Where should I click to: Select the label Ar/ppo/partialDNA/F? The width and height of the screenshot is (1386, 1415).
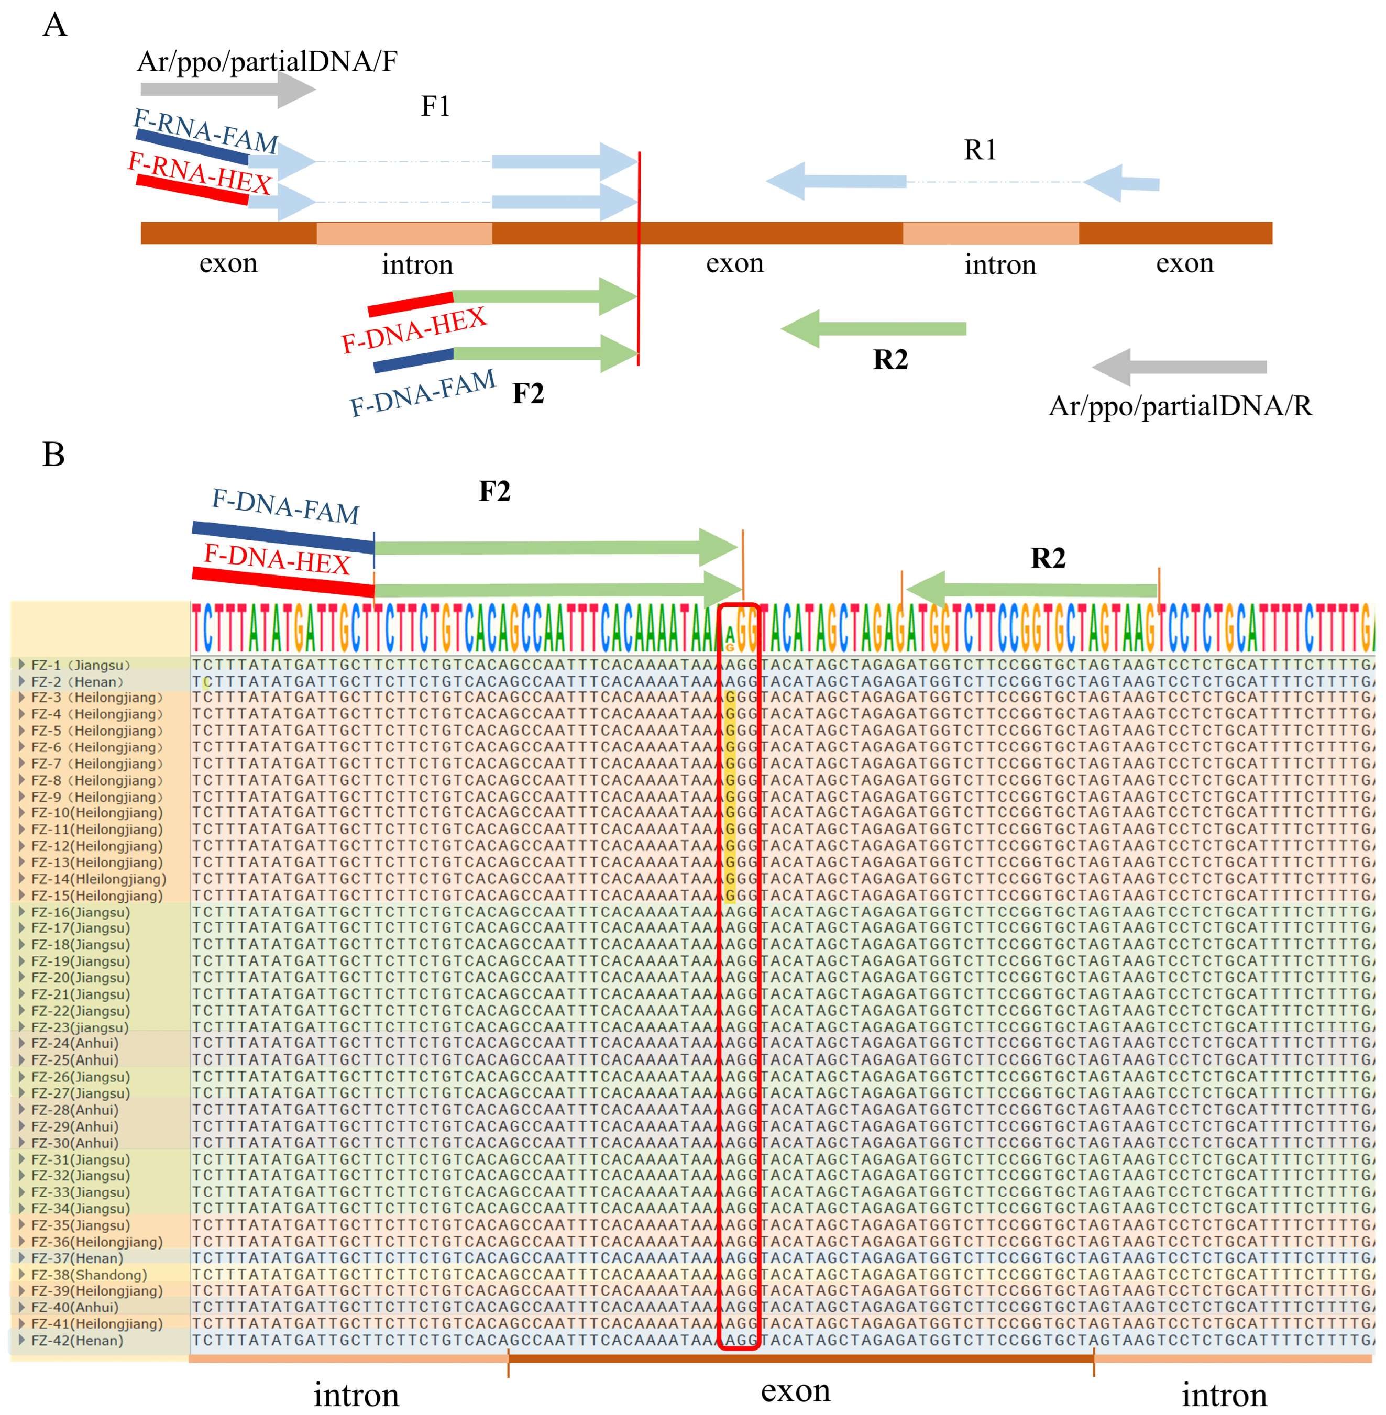[267, 61]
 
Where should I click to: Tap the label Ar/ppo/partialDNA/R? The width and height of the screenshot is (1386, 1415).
[1180, 405]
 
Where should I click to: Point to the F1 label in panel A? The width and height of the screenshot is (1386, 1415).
[435, 107]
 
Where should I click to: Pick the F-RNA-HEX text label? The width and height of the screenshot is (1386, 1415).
[200, 173]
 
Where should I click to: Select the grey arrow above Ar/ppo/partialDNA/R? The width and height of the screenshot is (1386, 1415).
[1179, 367]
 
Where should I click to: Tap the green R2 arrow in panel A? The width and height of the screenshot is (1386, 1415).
[874, 329]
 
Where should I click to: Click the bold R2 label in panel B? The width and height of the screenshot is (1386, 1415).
[1048, 558]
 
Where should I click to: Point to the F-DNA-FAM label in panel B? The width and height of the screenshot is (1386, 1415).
[285, 506]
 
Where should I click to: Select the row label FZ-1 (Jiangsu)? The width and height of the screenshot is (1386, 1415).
[80, 665]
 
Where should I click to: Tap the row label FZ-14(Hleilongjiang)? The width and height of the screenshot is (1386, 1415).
[98, 879]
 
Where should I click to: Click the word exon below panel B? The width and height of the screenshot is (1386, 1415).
[796, 1391]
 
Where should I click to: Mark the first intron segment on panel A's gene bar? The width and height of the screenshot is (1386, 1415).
[404, 233]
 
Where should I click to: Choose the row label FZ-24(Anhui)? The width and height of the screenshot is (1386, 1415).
[74, 1044]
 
